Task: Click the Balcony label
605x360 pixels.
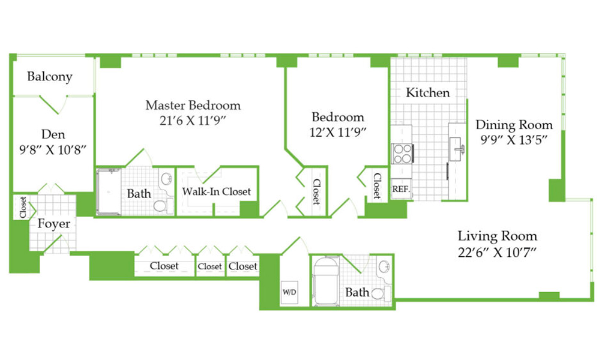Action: pos(50,76)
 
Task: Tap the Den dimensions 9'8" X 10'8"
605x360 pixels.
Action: pos(53,150)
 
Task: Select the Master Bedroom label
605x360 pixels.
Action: pos(193,105)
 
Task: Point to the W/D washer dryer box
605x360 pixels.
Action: pos(289,292)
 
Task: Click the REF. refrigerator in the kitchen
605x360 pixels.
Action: pos(402,189)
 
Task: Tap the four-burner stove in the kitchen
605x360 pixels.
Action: pos(402,154)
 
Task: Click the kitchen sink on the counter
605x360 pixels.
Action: pos(457,149)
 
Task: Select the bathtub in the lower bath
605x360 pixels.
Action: pos(326,281)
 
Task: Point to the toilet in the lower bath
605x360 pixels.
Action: pos(381,293)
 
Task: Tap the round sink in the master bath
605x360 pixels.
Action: pos(166,179)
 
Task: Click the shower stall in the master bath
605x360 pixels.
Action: pos(109,192)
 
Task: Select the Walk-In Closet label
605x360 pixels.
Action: pos(217,191)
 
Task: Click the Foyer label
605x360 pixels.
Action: pos(54,223)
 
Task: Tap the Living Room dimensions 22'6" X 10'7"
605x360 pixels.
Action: pos(498,253)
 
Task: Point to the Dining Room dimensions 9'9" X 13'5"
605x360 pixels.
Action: pos(514,140)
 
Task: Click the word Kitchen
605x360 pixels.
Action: pos(427,92)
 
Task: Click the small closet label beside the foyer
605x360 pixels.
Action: pos(23,207)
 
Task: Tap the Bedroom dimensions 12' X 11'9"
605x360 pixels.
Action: pos(337,133)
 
